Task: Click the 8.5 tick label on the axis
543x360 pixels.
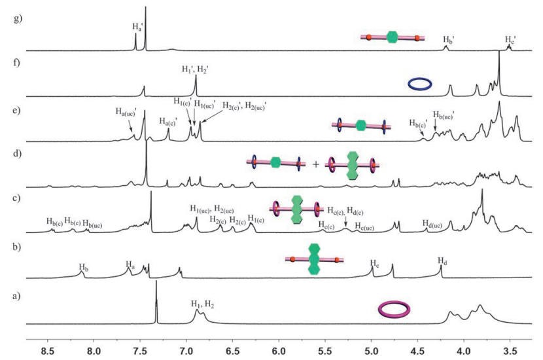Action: point(48,350)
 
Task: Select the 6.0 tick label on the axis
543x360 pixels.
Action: point(279,350)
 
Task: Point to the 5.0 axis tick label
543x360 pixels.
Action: point(372,350)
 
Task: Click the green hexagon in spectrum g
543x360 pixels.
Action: point(393,37)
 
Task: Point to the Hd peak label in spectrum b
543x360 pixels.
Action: point(443,261)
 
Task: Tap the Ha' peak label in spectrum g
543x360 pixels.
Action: point(137,26)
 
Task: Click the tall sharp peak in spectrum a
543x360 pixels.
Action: point(156,288)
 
